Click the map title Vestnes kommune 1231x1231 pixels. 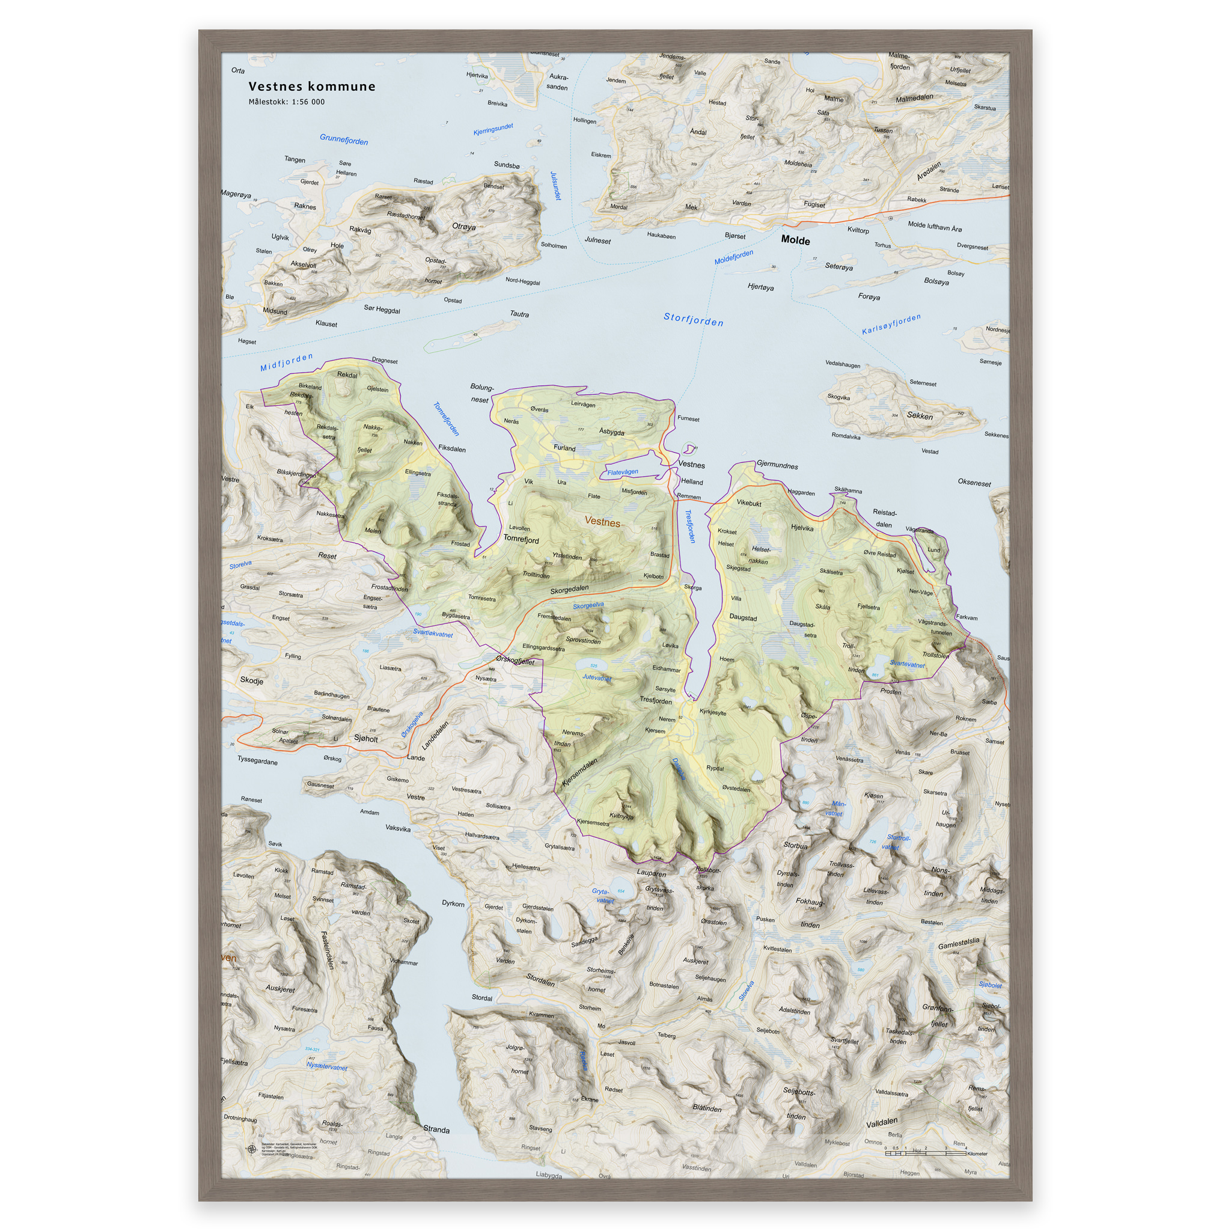pos(311,87)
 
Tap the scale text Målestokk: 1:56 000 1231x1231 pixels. pos(286,102)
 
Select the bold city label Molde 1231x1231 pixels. pos(795,240)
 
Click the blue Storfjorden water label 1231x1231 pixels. pos(693,319)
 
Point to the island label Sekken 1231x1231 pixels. pos(920,415)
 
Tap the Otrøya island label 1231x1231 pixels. pos(463,227)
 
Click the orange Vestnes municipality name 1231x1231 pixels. pos(602,522)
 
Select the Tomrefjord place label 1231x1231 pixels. pos(521,539)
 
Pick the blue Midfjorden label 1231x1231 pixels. pos(287,362)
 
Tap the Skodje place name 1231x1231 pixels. pos(252,680)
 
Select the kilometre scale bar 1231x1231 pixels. pos(925,1153)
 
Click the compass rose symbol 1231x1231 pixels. pos(252,1149)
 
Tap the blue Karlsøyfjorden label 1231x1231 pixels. pos(891,325)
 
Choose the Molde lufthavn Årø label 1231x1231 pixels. pos(935,226)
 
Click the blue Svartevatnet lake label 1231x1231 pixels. pos(906,664)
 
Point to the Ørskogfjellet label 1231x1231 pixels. pos(515,661)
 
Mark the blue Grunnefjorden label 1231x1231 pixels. pos(343,139)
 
